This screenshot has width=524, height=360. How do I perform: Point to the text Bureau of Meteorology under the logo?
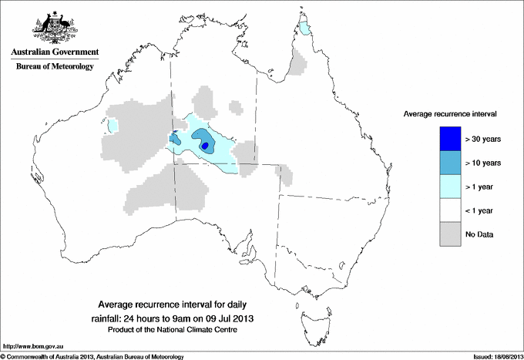(54, 67)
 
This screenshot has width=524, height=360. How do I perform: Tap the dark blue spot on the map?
(205, 145)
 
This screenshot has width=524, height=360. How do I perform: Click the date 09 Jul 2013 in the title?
(228, 318)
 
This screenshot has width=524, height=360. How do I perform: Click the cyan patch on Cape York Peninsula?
(307, 29)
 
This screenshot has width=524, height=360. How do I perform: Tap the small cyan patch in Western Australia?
(113, 124)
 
